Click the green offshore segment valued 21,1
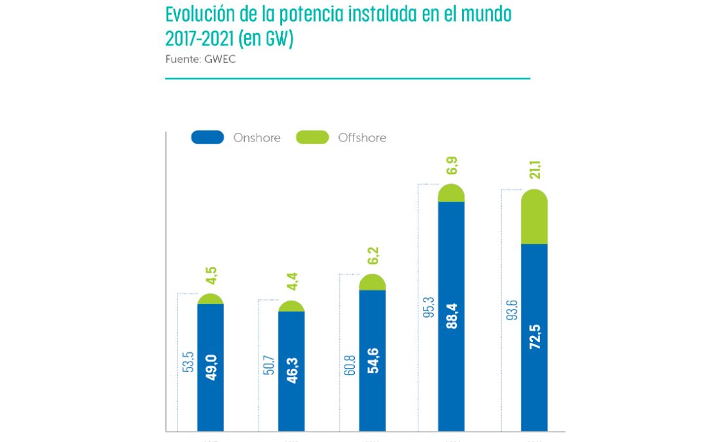pos(534,217)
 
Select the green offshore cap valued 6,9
pos(451,193)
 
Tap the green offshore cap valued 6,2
pos(372,283)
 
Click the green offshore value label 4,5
pos(211,275)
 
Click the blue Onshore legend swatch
pos(208,138)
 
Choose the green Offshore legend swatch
pos(312,138)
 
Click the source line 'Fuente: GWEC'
pos(200,59)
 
